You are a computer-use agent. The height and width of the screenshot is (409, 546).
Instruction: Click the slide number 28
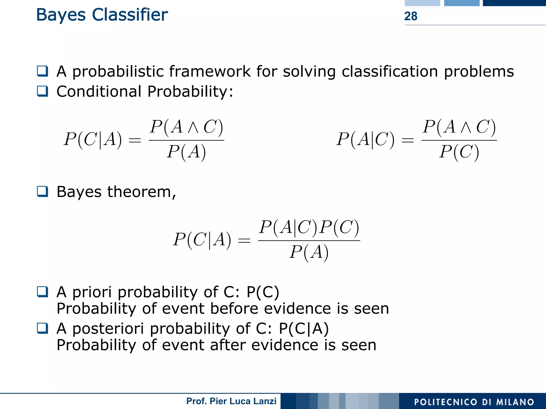click(411, 16)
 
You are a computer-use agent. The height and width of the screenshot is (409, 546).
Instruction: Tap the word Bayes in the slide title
click(61, 15)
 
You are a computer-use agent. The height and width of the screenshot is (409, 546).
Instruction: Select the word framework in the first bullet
click(210, 71)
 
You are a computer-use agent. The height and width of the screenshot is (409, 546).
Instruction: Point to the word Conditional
click(99, 91)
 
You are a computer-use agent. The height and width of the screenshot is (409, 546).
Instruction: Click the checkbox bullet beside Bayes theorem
click(43, 191)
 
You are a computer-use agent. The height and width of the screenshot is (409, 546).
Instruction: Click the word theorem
click(141, 192)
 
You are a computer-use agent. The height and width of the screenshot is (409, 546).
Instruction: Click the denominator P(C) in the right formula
click(459, 152)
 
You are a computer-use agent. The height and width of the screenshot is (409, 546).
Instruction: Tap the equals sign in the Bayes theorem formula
click(244, 241)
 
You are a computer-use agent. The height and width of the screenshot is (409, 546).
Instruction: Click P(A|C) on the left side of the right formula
click(365, 139)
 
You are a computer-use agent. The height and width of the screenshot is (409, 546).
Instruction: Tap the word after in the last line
click(228, 345)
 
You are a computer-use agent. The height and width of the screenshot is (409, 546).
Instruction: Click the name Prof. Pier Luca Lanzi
click(231, 401)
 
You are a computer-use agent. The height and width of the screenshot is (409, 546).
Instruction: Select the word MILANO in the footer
click(515, 402)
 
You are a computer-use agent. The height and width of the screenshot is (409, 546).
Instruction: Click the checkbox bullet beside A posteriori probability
click(43, 328)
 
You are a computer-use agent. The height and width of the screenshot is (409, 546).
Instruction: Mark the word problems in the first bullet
click(479, 71)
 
